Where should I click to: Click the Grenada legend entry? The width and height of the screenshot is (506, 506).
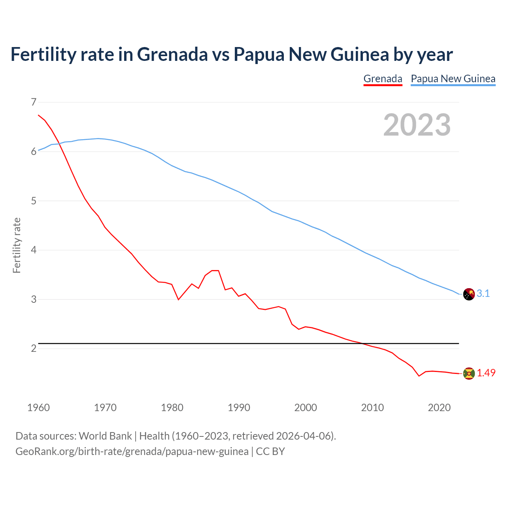(x=383, y=79)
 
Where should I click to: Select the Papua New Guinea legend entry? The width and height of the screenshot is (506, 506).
(x=453, y=79)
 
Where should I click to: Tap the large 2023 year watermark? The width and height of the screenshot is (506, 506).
(x=417, y=125)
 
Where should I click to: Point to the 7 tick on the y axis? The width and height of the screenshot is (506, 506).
(x=34, y=102)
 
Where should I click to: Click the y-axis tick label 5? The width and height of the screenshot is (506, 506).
(x=34, y=201)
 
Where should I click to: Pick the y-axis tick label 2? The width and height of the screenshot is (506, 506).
(x=34, y=348)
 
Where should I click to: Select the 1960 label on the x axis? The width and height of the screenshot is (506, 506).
(x=38, y=408)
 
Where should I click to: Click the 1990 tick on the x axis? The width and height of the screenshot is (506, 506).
(x=239, y=408)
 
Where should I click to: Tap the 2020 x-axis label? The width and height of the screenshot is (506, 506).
(x=439, y=408)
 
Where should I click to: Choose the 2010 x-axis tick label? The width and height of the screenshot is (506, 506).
(x=372, y=408)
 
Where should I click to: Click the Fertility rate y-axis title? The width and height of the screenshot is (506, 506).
(x=17, y=245)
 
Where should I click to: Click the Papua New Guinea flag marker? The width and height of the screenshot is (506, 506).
(x=469, y=294)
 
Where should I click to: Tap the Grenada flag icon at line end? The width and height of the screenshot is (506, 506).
(x=469, y=374)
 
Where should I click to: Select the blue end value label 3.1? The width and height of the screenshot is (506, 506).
(x=483, y=293)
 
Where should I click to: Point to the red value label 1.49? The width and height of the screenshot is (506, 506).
(x=486, y=373)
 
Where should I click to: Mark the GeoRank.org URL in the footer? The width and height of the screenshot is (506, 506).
(x=132, y=451)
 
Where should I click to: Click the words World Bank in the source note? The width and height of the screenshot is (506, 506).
(x=105, y=436)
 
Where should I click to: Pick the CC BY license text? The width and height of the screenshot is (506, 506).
(x=270, y=451)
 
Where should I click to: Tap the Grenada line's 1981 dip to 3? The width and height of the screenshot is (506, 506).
(x=178, y=299)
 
